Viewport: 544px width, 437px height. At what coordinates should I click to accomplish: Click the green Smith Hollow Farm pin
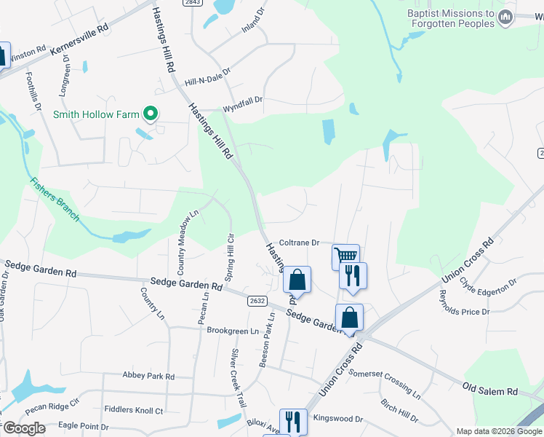coord(151,114)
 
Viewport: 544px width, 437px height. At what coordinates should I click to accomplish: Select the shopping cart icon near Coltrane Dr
coord(346,256)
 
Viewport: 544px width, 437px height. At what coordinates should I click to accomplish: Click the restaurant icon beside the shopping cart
coord(353,275)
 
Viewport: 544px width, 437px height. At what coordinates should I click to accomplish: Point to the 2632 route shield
coord(257,299)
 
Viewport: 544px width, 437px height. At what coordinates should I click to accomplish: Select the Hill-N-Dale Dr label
coord(207,77)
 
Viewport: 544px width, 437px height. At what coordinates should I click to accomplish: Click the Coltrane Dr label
coord(300,243)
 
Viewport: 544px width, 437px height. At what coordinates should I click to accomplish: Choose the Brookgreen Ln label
coord(233,331)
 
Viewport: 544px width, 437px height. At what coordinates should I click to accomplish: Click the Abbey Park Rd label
coord(149,377)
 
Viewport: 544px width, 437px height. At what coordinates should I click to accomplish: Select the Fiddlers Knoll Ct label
coord(134,410)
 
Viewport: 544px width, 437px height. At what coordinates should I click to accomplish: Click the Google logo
coord(24,428)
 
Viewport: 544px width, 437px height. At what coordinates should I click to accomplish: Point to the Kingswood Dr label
coord(337,419)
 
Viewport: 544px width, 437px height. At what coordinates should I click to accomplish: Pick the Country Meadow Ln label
coord(183,238)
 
